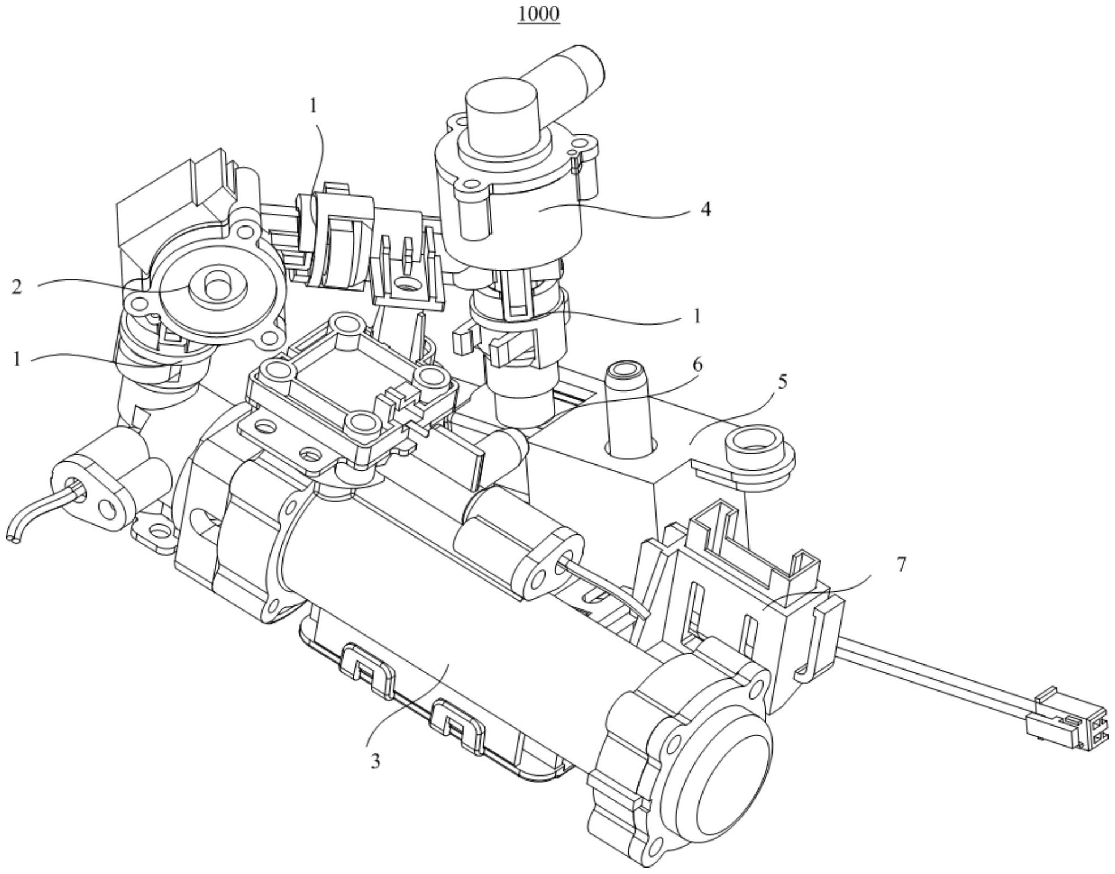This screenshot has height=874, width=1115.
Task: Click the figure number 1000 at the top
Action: (539, 14)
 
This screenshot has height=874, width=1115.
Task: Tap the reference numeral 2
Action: (17, 287)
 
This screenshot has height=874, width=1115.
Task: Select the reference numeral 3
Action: (375, 761)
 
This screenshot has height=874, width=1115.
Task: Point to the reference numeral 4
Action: (705, 210)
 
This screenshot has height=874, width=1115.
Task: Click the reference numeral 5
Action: (782, 382)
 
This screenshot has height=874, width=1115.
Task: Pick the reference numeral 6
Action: (697, 365)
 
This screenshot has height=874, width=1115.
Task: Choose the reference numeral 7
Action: (902, 565)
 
